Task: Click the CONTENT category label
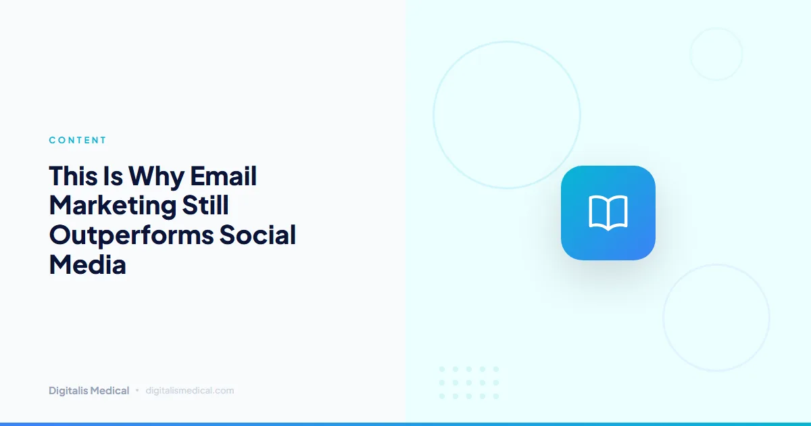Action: pos(78,141)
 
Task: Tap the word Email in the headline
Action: pos(223,176)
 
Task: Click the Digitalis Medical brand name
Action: pos(89,391)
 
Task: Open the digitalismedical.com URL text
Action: pos(190,391)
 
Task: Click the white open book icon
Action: pos(608,212)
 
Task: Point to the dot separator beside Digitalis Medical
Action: pos(137,390)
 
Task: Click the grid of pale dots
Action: pos(468,383)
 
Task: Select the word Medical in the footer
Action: pos(110,391)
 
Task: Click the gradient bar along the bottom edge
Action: pos(405,423)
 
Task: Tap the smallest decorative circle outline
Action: pos(716,54)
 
